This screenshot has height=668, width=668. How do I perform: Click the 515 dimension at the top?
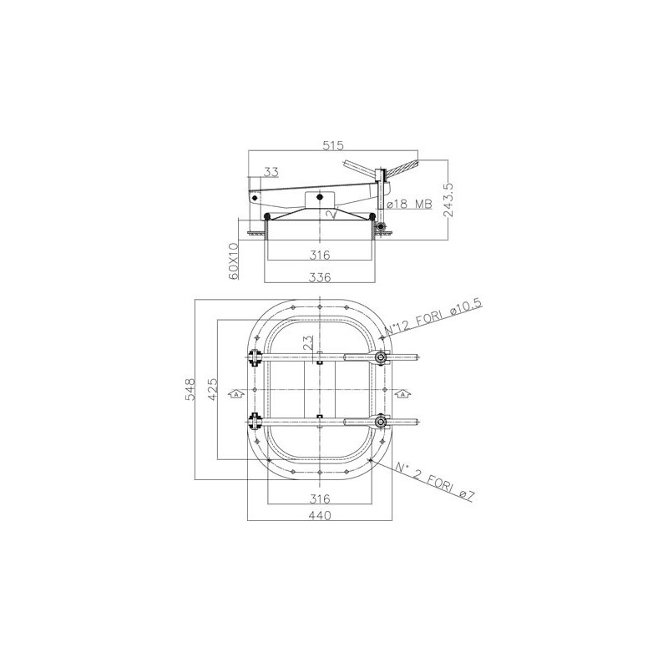(332, 145)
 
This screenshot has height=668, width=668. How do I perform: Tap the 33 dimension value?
(271, 172)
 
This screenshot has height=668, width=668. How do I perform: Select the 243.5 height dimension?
(448, 200)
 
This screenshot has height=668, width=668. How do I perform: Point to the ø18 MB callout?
(409, 204)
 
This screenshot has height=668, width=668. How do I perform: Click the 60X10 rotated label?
(233, 261)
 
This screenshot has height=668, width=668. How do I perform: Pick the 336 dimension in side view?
(320, 277)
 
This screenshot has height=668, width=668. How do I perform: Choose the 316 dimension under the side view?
(320, 256)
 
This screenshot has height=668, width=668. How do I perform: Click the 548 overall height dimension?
(190, 389)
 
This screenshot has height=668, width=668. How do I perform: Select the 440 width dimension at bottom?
(320, 515)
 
